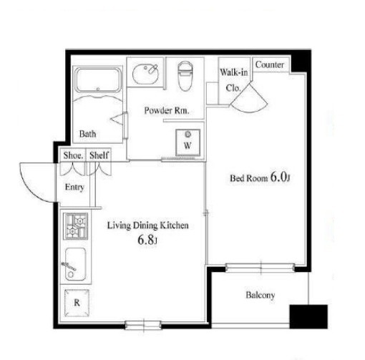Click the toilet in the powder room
point(185,76)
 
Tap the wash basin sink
point(145,73)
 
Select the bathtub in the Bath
point(98,80)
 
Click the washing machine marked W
point(188,142)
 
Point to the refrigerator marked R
point(77,303)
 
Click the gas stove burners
point(76,226)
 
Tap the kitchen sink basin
point(75,264)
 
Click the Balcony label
point(261,295)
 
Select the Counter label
point(270,64)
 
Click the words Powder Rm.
point(167,110)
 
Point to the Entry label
point(74,188)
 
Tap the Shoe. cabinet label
point(73,155)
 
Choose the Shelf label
point(99,155)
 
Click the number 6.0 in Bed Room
point(278,177)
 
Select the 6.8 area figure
point(146,240)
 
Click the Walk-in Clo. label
point(234,80)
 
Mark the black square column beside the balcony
point(308,316)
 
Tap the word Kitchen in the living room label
point(174,225)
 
